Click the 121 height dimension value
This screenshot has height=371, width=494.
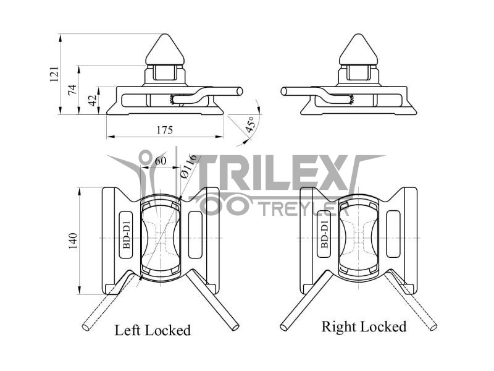(x=54, y=74)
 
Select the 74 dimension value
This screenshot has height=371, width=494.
(x=72, y=90)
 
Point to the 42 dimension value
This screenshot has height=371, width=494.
(x=92, y=100)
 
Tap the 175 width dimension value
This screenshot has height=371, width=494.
(x=164, y=130)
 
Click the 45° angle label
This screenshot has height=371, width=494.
(x=250, y=125)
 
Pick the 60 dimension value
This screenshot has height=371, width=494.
(x=160, y=161)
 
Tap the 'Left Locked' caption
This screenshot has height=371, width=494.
(x=153, y=330)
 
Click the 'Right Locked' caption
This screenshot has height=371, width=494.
(x=364, y=326)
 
